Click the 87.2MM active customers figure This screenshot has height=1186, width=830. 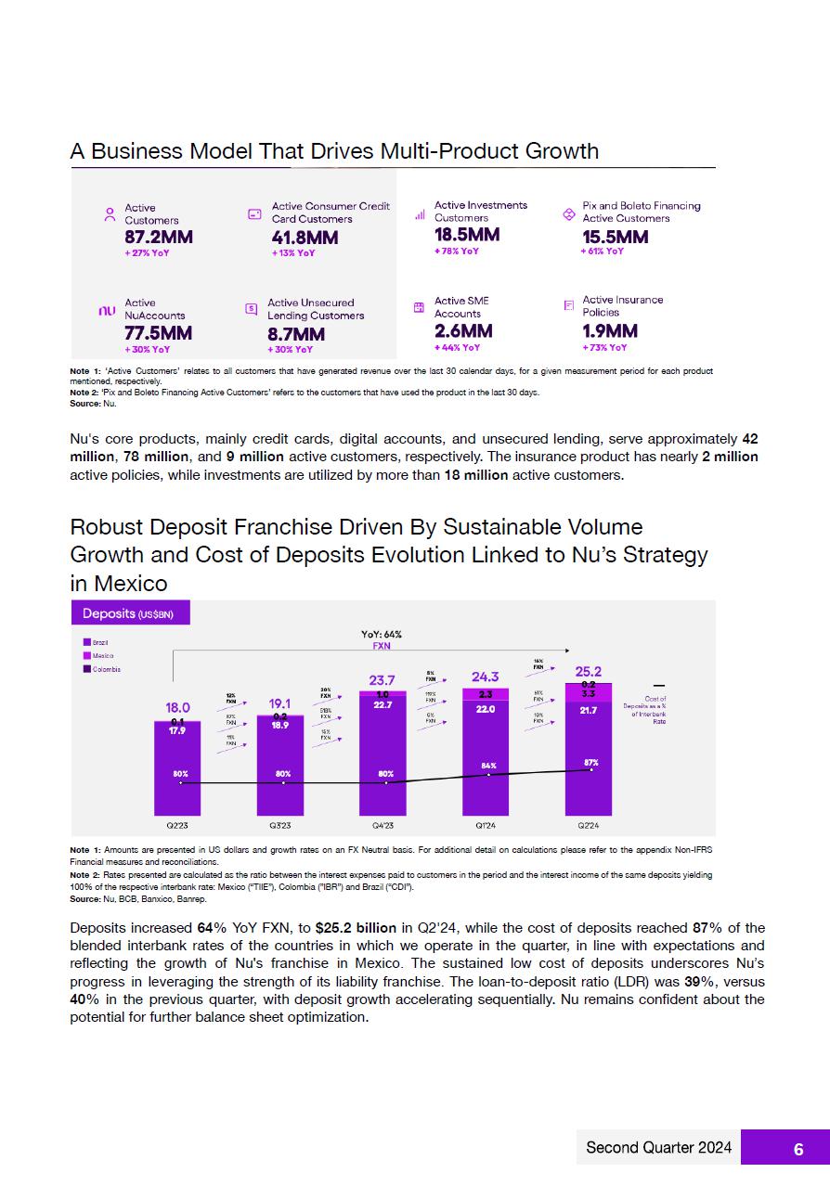pos(159,237)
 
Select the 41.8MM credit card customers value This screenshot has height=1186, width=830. pos(305,238)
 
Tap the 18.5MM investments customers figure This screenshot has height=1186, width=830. pos(467,235)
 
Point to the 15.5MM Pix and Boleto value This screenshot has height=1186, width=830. pos(615,237)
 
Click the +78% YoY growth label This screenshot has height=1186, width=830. pos(457,251)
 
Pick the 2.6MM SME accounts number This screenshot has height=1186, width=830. pos(463,331)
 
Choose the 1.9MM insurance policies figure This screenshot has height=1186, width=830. pos(610,331)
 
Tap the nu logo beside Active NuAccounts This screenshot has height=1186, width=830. pos(107,311)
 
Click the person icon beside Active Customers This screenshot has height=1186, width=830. pos(110,214)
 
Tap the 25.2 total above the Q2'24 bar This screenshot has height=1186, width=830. pos(589,671)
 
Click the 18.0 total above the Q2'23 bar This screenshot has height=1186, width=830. pos(177,707)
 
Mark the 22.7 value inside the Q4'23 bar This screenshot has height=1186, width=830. pos(383,705)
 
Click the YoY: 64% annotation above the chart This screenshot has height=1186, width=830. pos(381,635)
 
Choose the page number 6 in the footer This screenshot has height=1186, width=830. pos(798,1149)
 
